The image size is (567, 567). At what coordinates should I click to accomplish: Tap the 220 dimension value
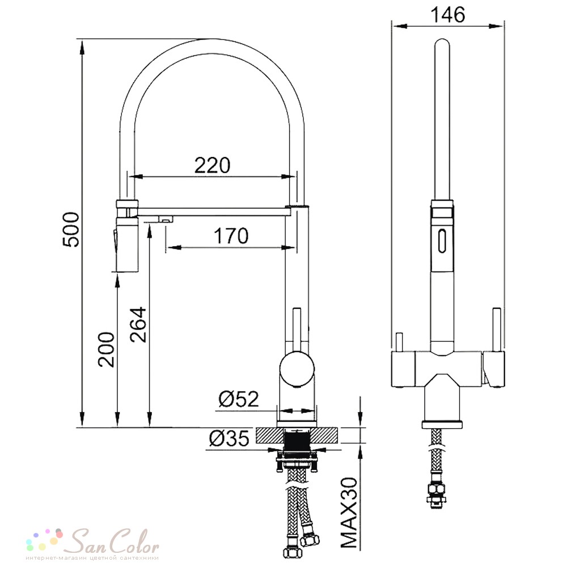point(212,166)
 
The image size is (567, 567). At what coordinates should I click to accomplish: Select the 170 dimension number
point(231,236)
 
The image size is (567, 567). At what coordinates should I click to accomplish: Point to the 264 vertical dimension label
point(138,324)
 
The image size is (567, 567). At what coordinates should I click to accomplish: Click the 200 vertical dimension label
point(107,349)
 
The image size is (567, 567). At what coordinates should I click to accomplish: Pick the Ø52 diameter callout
point(239,399)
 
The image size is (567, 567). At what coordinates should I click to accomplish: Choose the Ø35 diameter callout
point(229,438)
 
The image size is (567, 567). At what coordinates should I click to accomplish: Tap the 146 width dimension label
point(447,15)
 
